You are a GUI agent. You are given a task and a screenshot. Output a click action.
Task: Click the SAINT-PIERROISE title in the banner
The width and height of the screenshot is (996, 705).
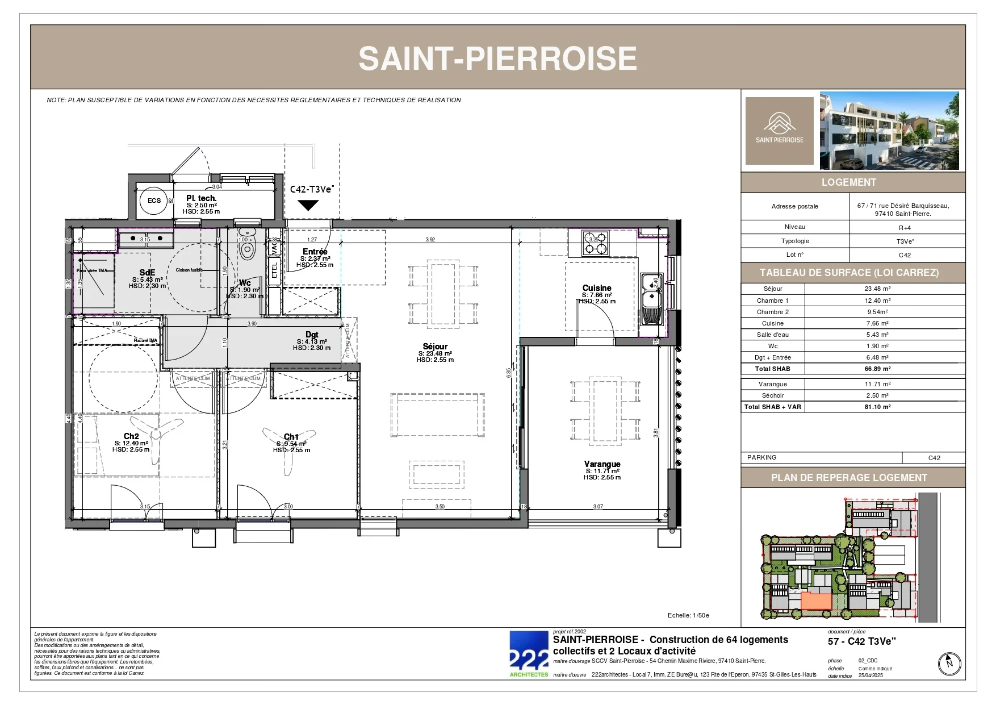[x=497, y=59]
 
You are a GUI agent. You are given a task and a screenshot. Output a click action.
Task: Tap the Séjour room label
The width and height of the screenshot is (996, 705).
[x=435, y=347]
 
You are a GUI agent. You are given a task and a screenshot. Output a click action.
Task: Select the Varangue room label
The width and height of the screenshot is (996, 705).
[x=602, y=464]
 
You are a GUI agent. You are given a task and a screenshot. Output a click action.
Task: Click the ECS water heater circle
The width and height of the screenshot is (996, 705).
[x=154, y=201]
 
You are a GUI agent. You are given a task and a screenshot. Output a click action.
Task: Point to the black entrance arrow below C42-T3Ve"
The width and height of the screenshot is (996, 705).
[x=308, y=205]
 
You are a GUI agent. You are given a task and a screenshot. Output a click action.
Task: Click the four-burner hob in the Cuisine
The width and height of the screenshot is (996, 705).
[x=596, y=243]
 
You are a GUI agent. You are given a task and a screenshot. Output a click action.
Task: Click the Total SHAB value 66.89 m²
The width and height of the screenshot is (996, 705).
[x=877, y=369]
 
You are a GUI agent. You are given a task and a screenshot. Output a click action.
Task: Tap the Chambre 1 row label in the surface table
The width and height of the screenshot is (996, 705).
[x=772, y=301]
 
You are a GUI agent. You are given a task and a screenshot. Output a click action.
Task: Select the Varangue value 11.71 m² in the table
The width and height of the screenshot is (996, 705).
[x=877, y=384]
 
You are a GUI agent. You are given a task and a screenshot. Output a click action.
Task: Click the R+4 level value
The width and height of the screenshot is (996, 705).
[x=905, y=228]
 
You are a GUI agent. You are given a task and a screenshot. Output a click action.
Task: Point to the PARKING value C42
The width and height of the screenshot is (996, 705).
[x=934, y=458]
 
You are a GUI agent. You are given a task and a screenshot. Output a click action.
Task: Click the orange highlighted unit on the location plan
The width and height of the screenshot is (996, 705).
[x=816, y=601]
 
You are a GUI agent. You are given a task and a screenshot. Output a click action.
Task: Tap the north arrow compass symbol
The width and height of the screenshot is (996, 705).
[x=949, y=664]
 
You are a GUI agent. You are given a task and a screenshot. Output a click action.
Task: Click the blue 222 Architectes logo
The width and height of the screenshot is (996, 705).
[x=529, y=654]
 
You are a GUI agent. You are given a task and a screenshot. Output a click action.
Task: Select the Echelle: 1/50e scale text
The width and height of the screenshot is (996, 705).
[x=688, y=615]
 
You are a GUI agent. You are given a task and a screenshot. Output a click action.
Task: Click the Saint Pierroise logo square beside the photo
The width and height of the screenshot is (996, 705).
[x=779, y=131]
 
